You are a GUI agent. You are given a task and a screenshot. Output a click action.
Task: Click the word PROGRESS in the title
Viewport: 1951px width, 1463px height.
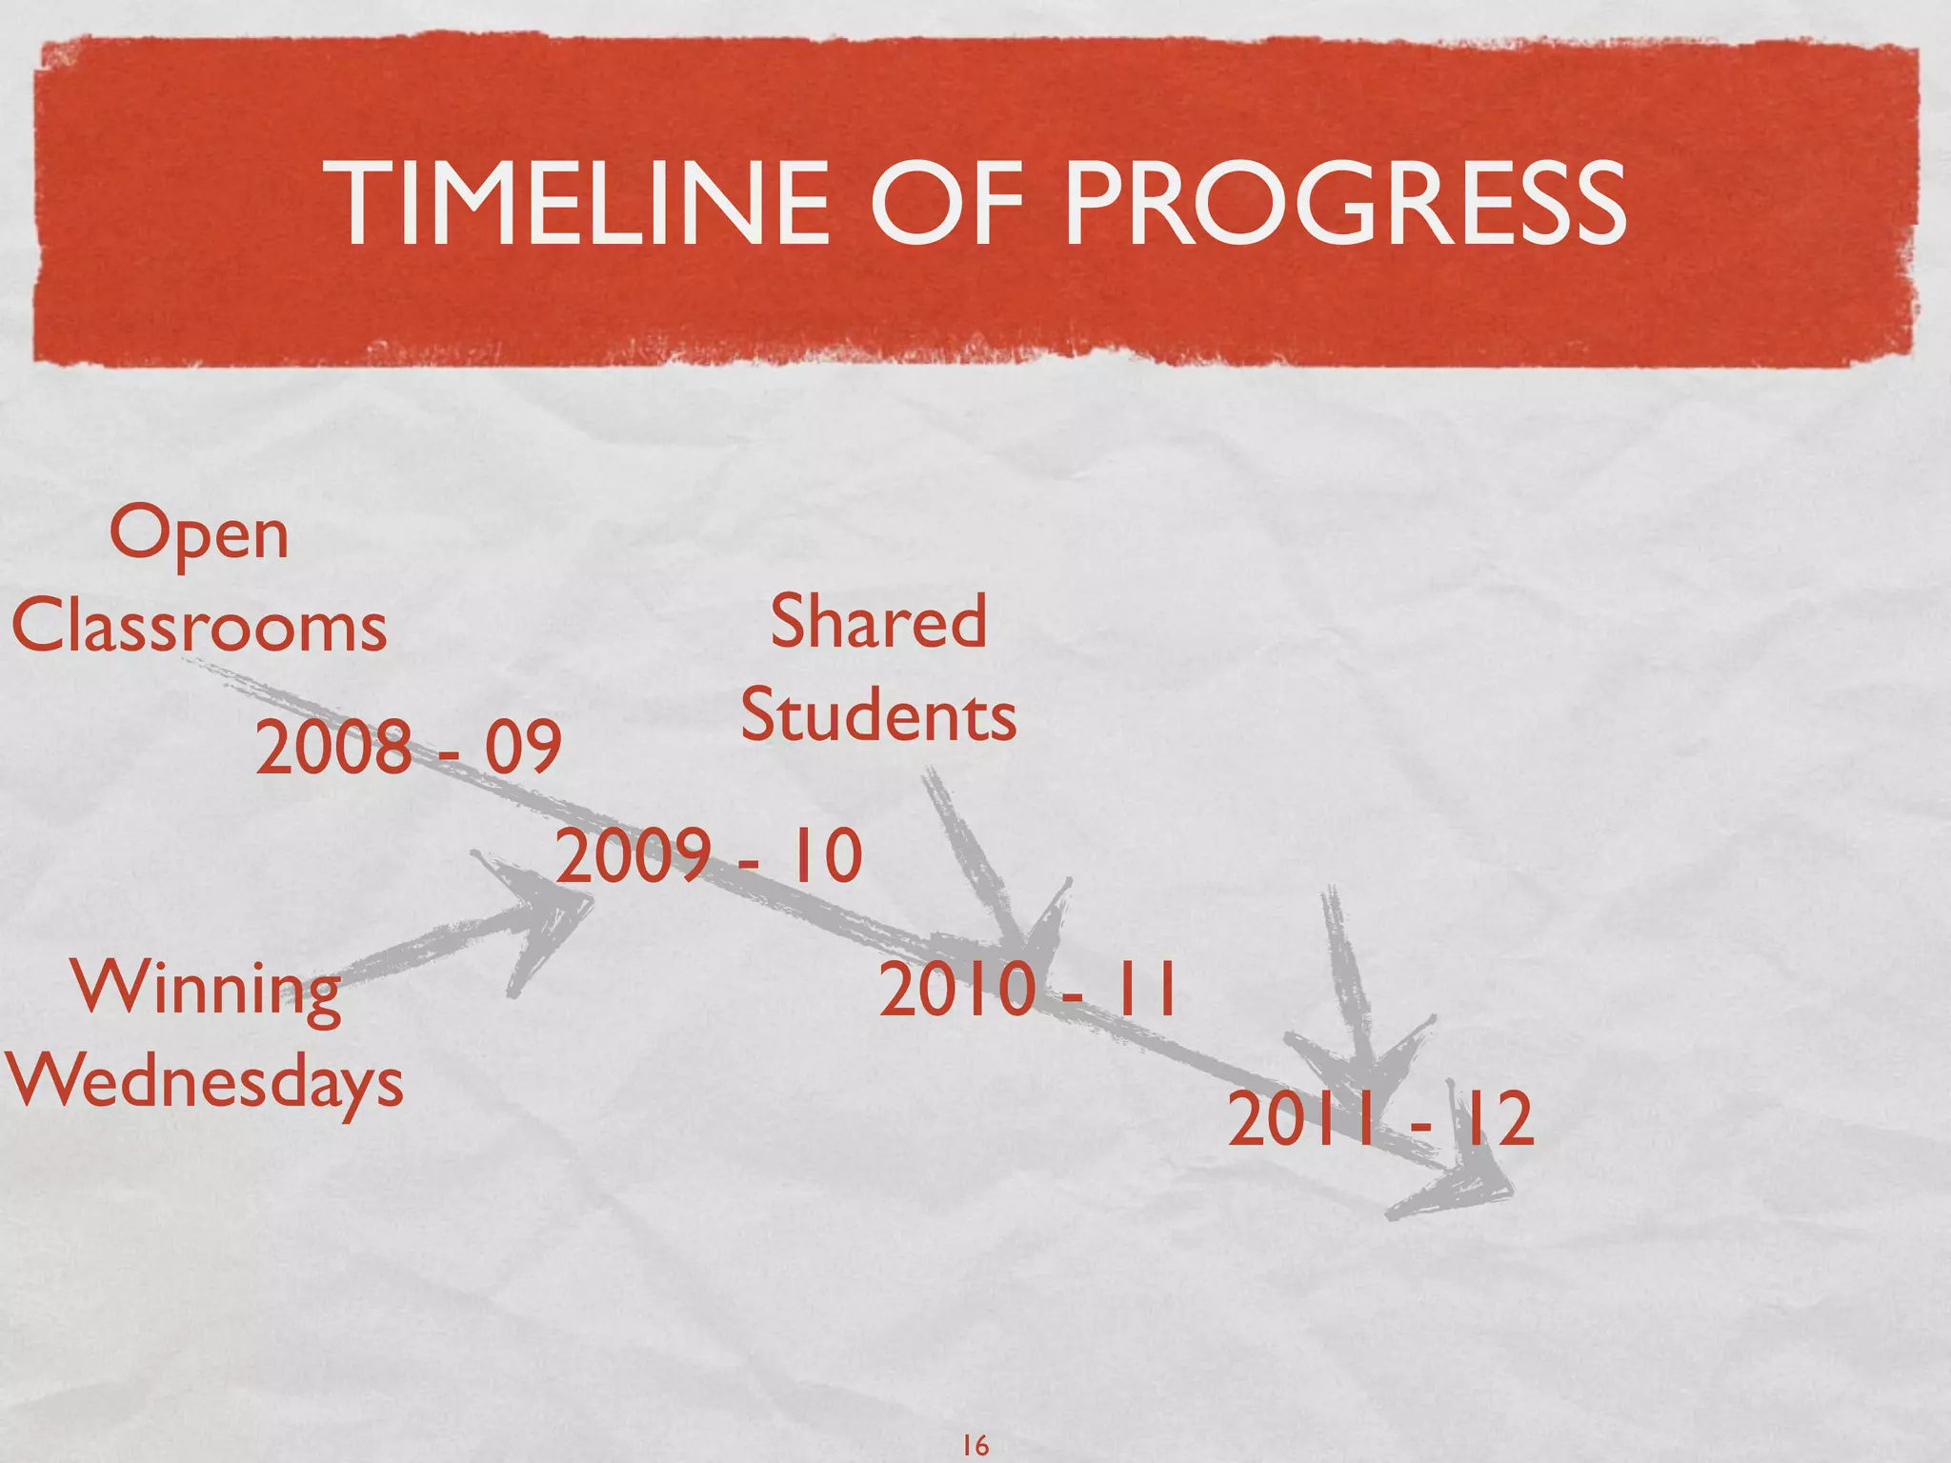pyautogui.click(x=1344, y=204)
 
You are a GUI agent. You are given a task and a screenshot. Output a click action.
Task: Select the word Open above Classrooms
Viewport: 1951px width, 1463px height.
pyautogui.click(x=198, y=535)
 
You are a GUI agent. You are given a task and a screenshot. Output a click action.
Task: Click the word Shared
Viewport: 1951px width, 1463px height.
pyautogui.click(x=877, y=621)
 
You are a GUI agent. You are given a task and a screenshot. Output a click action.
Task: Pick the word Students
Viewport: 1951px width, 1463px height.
pyautogui.click(x=877, y=715)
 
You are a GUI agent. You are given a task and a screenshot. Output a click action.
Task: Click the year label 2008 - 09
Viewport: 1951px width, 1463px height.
pyautogui.click(x=408, y=747)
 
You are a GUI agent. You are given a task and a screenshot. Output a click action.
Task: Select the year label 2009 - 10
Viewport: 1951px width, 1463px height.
pyautogui.click(x=709, y=855)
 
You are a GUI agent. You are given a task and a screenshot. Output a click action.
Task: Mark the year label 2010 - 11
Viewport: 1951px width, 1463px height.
pyautogui.click(x=1028, y=991)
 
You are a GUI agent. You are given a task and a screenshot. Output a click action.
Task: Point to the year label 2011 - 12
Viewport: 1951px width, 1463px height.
pyautogui.click(x=1380, y=1120)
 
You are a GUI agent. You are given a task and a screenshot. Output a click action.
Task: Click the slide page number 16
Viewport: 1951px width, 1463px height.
pyautogui.click(x=975, y=1445)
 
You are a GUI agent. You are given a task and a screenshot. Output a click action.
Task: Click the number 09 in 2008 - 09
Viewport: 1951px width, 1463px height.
pyautogui.click(x=522, y=747)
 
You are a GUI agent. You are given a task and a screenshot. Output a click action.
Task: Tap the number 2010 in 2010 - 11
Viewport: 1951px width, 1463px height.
pyautogui.click(x=956, y=991)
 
